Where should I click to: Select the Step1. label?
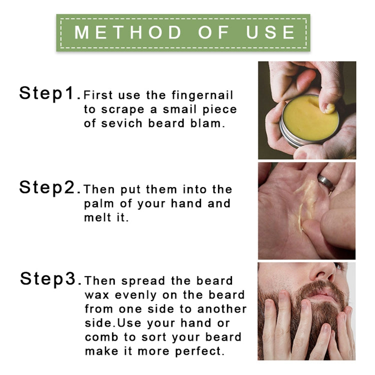pos(49,93)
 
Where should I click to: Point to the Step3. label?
pos(49,278)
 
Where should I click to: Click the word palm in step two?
pos(97,204)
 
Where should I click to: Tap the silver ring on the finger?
pos(326,182)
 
